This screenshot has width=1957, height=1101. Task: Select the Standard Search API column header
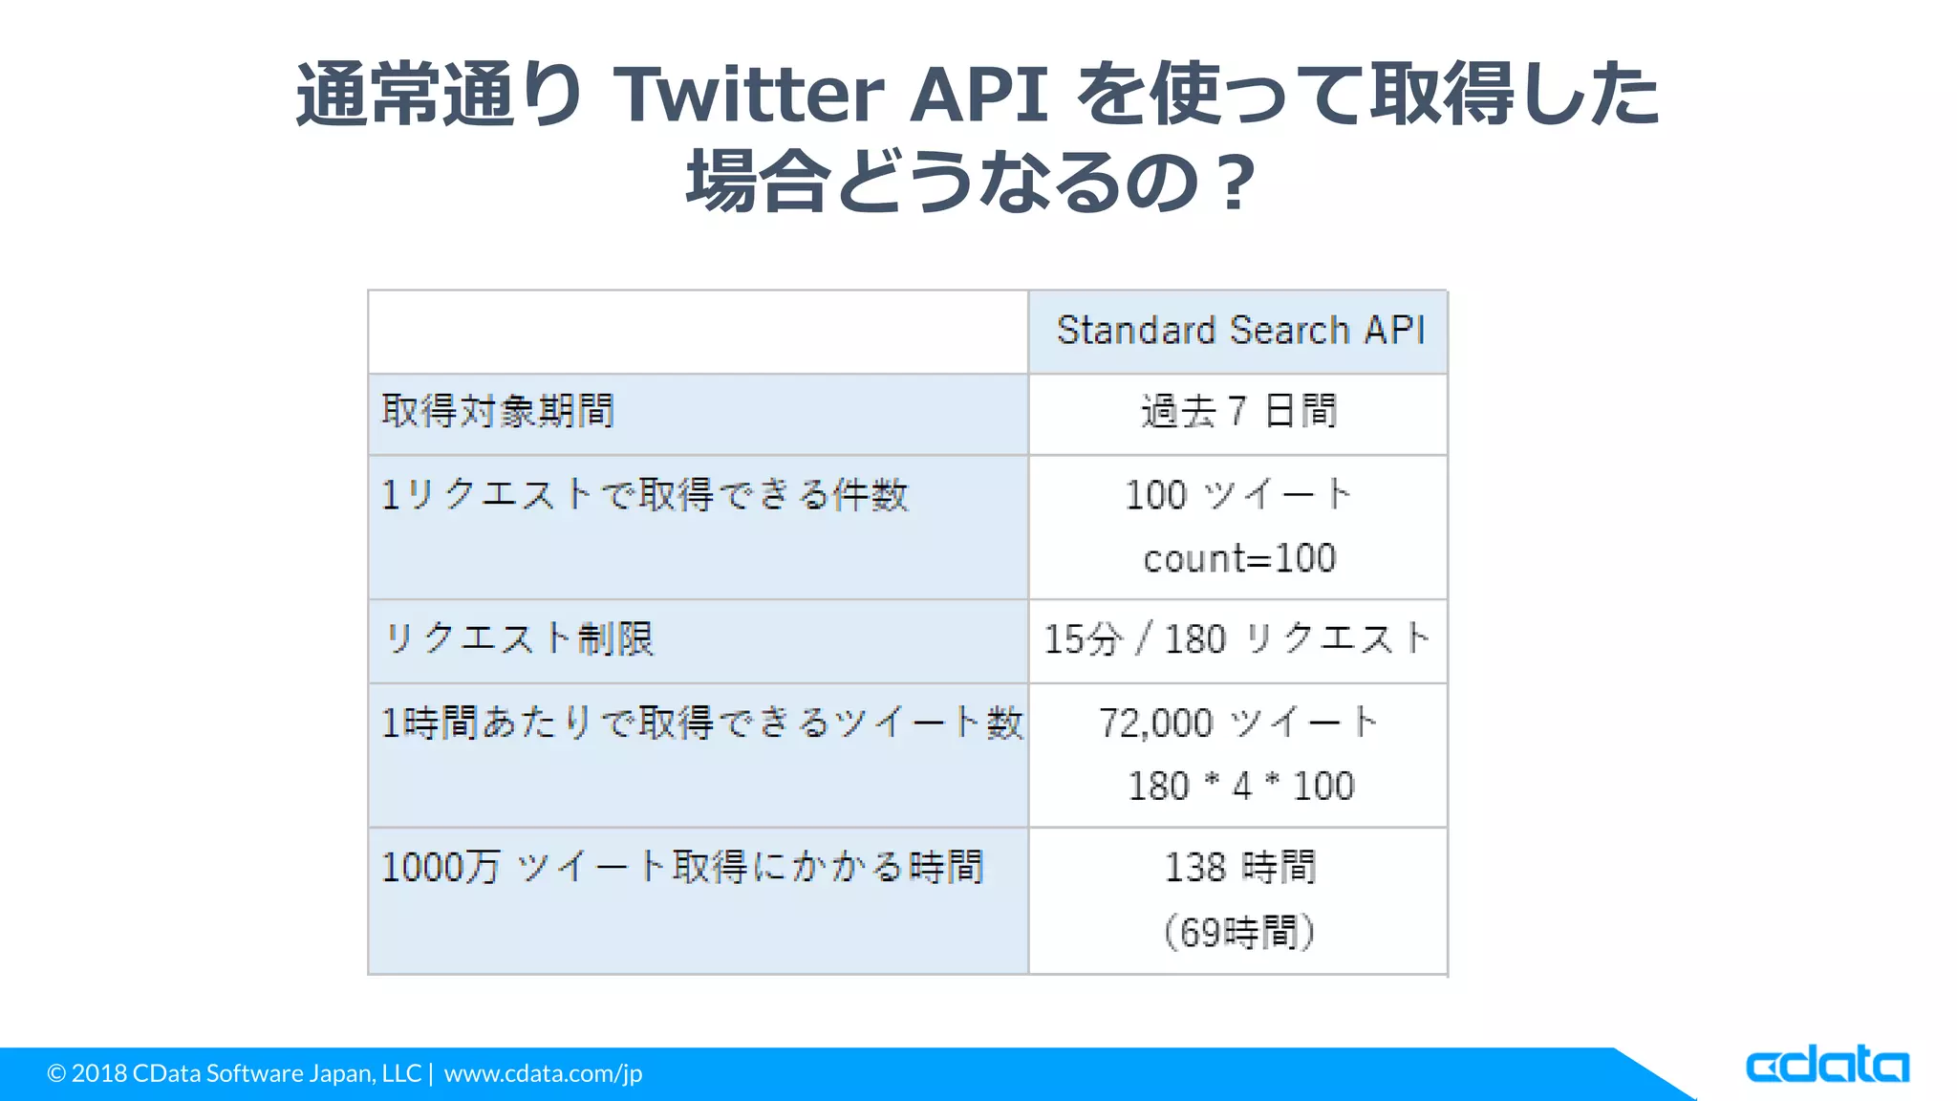tap(1239, 331)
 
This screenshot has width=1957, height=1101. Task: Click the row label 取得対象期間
tap(498, 411)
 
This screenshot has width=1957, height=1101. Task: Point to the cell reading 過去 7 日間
tap(1238, 412)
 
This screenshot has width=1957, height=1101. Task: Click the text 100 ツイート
tap(1238, 495)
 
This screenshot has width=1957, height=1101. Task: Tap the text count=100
tap(1239, 558)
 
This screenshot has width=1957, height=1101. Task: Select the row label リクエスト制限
tap(519, 638)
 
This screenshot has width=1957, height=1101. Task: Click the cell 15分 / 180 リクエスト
tap(1237, 639)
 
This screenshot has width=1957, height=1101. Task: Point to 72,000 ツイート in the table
tap(1238, 723)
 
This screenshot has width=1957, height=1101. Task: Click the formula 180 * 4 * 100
tap(1240, 787)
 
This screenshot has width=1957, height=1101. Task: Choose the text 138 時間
tap(1239, 868)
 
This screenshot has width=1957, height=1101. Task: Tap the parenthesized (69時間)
tap(1239, 932)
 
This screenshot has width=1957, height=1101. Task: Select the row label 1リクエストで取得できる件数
tap(644, 495)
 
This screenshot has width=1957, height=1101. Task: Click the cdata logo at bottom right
tap(1826, 1065)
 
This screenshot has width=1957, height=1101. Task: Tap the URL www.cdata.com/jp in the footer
tap(543, 1073)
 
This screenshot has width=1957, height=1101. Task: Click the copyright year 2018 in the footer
tap(99, 1073)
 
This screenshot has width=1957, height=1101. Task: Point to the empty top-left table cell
tap(698, 332)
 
